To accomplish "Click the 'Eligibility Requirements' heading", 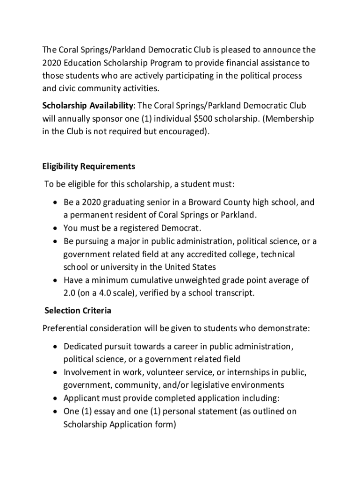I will (x=89, y=166).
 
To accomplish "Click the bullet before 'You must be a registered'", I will (x=55, y=229).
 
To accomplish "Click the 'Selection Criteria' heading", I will (x=78, y=310).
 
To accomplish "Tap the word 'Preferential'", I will (x=66, y=328).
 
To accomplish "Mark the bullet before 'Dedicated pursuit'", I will (x=55, y=347).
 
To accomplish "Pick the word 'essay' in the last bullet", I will (x=104, y=412).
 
